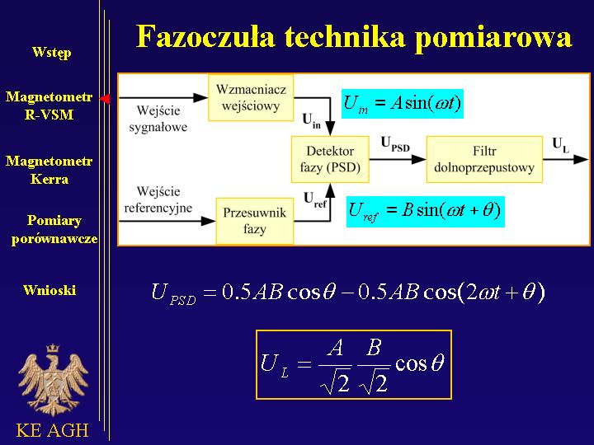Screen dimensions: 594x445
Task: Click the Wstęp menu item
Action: coord(51,52)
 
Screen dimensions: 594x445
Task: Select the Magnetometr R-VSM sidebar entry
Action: coord(49,105)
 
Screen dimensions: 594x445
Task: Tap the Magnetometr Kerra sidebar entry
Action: coord(49,170)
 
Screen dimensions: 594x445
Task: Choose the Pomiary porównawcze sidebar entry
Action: coord(54,230)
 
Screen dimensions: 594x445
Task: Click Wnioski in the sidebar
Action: coord(49,290)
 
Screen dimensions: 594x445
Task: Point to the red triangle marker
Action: coord(105,99)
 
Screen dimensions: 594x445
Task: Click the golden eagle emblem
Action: coord(53,380)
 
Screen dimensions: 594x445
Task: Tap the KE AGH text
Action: coord(52,430)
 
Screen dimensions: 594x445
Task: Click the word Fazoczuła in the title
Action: coord(205,37)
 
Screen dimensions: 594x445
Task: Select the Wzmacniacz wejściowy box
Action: coord(251,97)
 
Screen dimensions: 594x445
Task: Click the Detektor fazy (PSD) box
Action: coord(330,159)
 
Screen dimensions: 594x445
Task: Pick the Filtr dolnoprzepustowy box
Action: coord(484,159)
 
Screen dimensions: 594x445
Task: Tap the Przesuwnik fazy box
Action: coord(255,221)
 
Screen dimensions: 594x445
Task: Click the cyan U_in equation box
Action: coord(403,104)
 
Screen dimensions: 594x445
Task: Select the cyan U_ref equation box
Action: coord(426,212)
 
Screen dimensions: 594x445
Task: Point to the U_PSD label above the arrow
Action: coord(395,144)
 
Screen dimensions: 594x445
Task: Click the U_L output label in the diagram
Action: coord(561,145)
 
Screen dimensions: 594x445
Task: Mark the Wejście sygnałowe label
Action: coord(158,119)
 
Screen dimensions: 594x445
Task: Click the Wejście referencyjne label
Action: coord(158,199)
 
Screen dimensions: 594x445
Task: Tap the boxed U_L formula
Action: coord(354,365)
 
